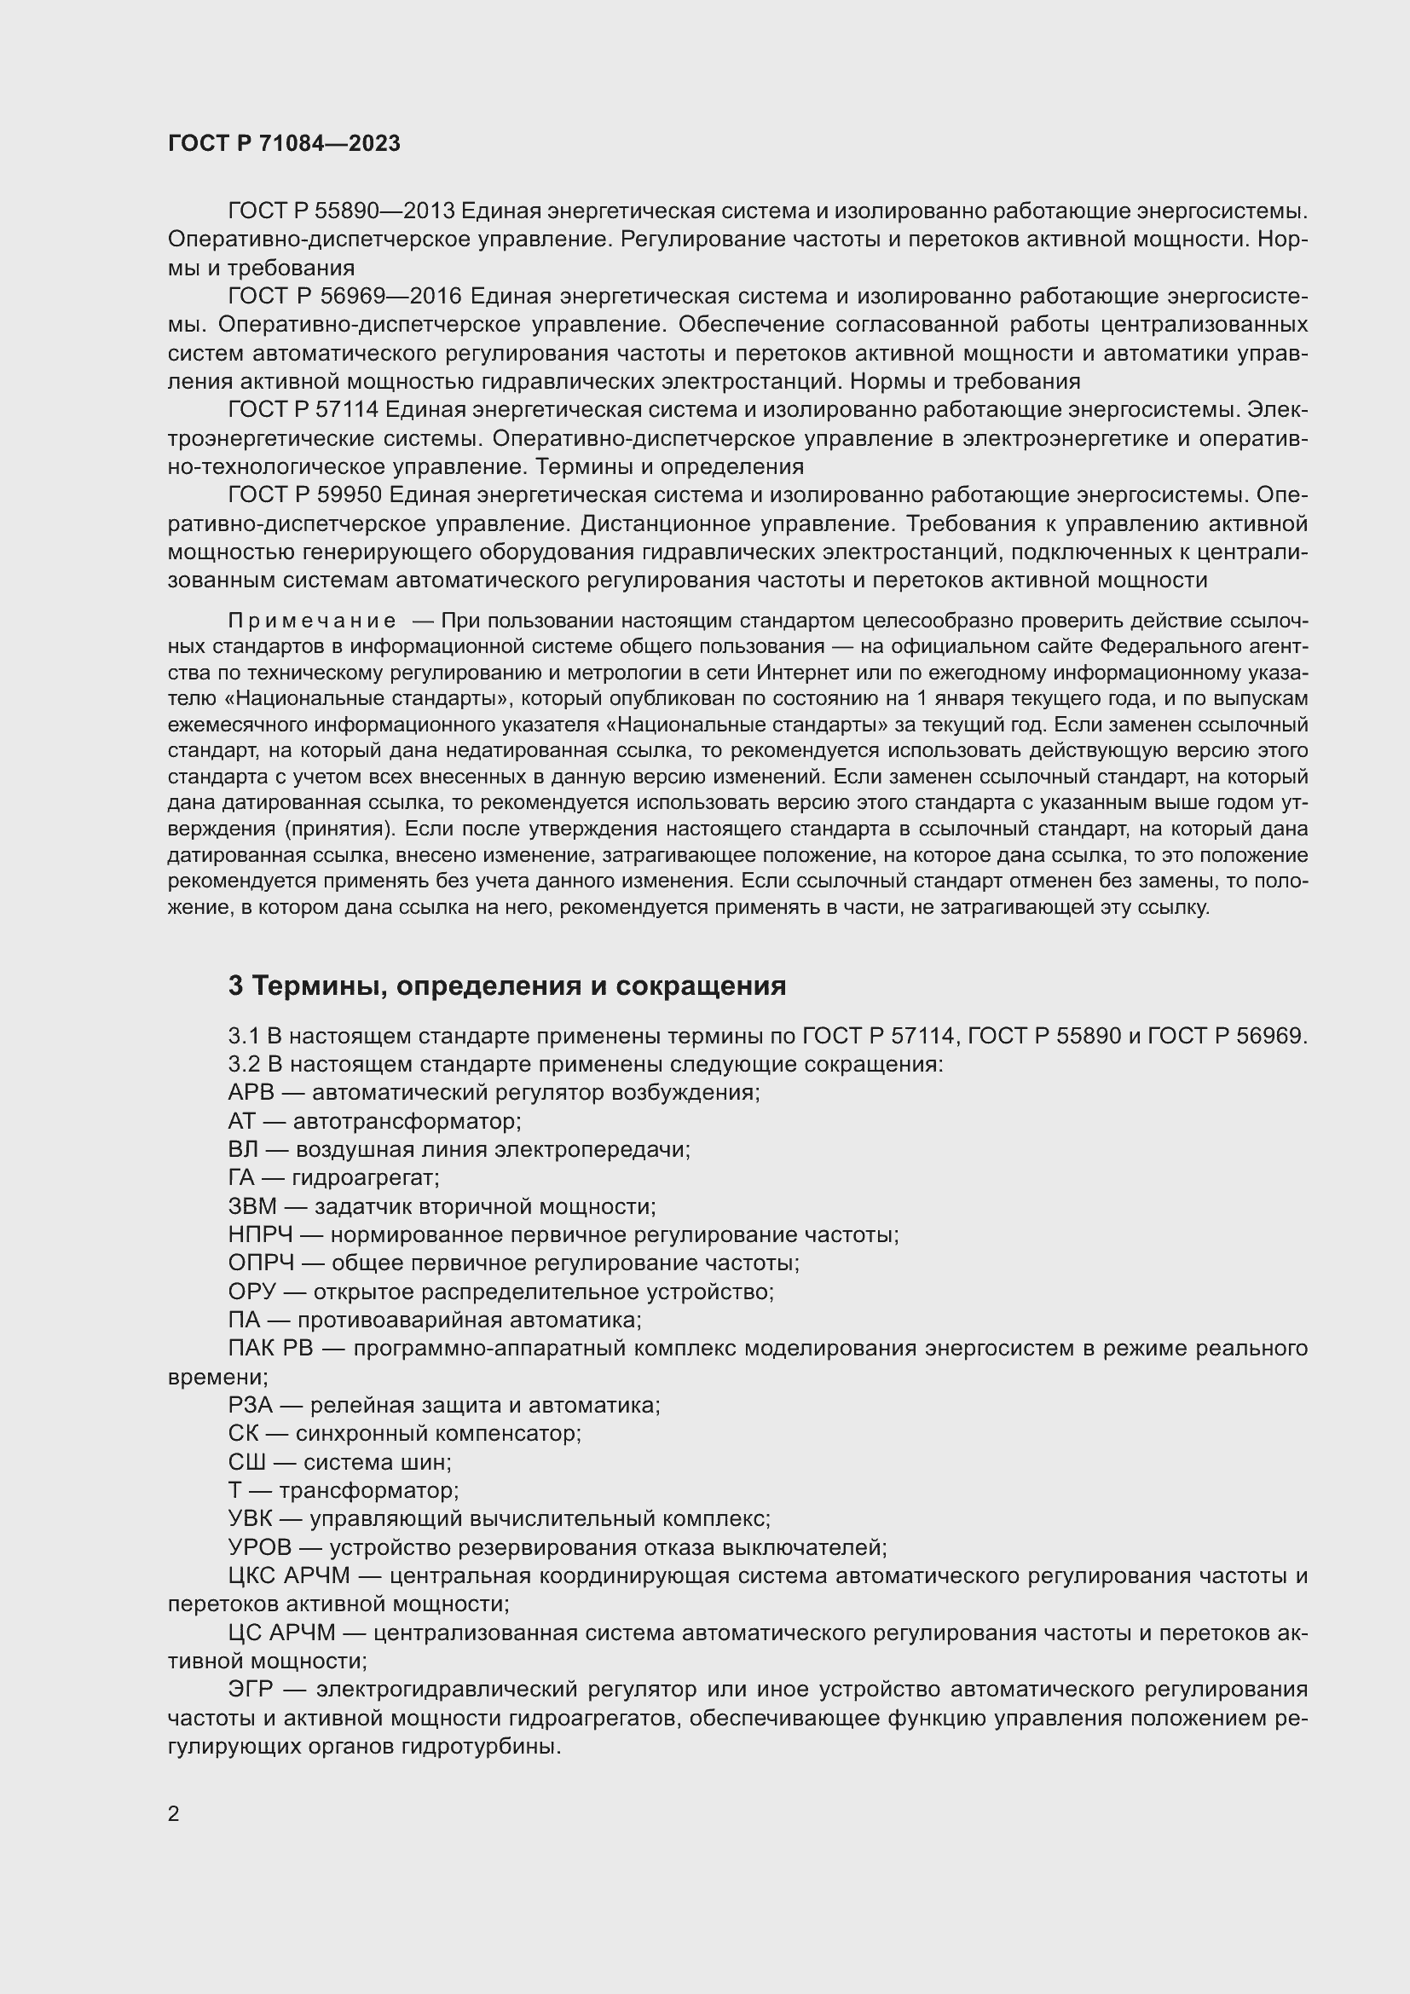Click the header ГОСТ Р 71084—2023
[x=284, y=143]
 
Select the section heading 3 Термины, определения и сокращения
[x=507, y=985]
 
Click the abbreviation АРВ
[x=251, y=1093]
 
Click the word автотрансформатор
[x=406, y=1121]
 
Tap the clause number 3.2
[x=244, y=1064]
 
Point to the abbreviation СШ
[x=246, y=1463]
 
